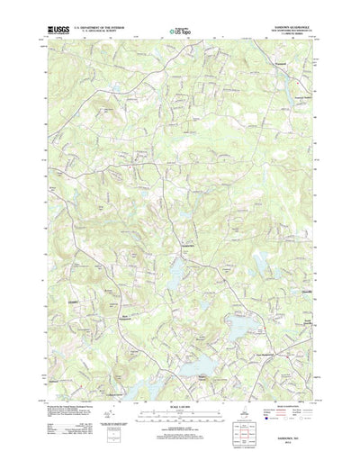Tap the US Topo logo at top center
[181, 33]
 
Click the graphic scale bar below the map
[181, 397]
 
